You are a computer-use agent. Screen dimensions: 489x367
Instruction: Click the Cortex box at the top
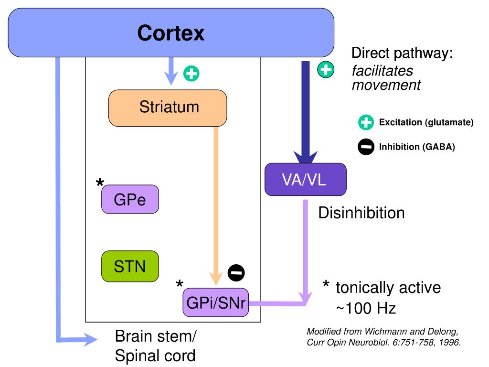(x=171, y=32)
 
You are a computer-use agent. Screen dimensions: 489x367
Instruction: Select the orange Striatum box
(x=168, y=108)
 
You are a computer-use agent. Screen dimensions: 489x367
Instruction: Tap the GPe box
(x=130, y=199)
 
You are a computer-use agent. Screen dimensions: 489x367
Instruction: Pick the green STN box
(x=130, y=266)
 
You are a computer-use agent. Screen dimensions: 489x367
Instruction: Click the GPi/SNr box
(x=216, y=302)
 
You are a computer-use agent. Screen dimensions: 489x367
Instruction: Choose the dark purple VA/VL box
(x=305, y=180)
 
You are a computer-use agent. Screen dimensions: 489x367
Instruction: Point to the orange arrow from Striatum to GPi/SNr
(x=216, y=206)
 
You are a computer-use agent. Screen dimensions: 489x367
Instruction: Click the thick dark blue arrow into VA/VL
(x=306, y=112)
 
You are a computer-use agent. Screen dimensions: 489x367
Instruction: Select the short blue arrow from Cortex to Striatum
(x=171, y=71)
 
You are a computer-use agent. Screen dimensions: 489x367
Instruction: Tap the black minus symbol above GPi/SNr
(x=236, y=273)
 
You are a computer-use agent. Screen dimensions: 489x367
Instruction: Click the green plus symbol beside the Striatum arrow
(x=191, y=74)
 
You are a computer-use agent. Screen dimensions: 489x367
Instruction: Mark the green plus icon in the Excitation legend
(x=366, y=122)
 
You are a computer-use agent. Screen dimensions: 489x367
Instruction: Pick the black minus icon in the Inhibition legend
(x=366, y=147)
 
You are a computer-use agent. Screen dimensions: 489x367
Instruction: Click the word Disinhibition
(x=361, y=213)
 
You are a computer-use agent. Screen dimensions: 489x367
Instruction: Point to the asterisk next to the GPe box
(x=100, y=183)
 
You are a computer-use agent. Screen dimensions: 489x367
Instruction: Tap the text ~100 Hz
(x=366, y=308)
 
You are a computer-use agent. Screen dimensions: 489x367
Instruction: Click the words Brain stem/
(x=156, y=336)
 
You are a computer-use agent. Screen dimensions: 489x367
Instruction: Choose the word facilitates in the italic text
(x=383, y=71)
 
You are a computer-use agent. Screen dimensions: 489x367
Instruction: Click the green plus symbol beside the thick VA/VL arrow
(x=326, y=69)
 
